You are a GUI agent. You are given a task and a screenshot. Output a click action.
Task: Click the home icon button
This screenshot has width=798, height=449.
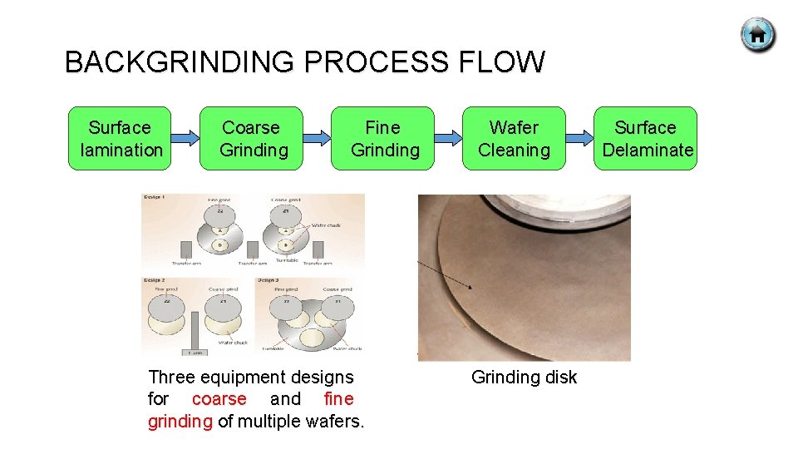coord(757,35)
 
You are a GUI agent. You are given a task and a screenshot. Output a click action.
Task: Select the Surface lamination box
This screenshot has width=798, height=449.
coord(120,138)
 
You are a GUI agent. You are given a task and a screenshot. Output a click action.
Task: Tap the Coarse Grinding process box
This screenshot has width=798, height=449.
coord(252,138)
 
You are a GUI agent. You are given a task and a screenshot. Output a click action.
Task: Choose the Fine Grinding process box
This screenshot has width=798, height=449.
coord(383,138)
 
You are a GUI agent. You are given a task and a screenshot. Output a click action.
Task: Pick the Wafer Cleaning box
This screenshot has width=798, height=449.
coord(514,138)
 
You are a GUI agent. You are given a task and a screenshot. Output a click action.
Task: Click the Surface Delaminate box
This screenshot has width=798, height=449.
coord(646,138)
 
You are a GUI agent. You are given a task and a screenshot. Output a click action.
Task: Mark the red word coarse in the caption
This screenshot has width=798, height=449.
coord(219,399)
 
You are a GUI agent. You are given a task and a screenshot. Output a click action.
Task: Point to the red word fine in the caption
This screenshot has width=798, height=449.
coord(338,399)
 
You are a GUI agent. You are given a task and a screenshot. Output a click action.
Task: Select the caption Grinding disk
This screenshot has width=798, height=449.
coord(524,377)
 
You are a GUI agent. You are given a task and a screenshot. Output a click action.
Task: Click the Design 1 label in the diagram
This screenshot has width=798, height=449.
coord(153,198)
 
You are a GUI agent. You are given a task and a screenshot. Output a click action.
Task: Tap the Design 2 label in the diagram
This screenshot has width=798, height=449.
coord(153,280)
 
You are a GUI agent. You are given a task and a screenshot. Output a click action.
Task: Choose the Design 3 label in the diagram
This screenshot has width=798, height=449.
coord(268,280)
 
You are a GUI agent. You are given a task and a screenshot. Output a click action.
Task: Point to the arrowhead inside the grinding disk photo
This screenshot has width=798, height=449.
coord(470,287)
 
